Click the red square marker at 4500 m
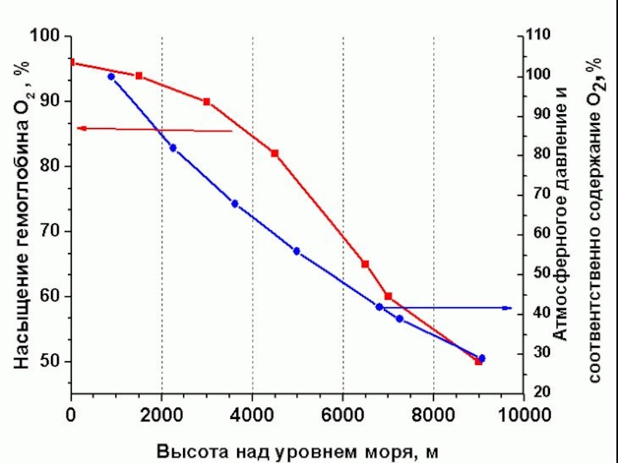pos(274,153)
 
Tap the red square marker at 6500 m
pos(365,264)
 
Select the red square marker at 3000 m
pos(207,102)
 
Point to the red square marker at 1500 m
pos(139,76)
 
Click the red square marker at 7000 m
pos(388,296)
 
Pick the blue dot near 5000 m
pos(297,251)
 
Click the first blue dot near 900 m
pos(111,77)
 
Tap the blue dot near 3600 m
pos(235,204)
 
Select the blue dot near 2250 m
pos(173,147)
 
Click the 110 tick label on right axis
pos(539,35)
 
